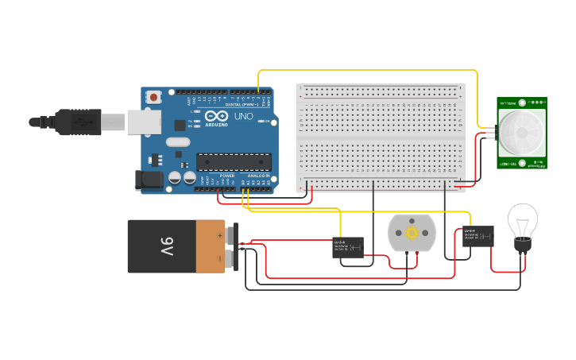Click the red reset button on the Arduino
[x=153, y=97]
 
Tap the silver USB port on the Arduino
[x=145, y=122]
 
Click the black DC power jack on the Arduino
[x=149, y=180]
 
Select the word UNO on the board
[x=243, y=117]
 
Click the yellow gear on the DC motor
[x=412, y=233]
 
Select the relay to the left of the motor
[x=348, y=247]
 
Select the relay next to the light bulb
[x=477, y=236]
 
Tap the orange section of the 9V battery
[x=211, y=246]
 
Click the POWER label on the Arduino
[x=227, y=175]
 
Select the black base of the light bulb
[x=522, y=246]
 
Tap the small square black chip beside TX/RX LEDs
[x=180, y=124]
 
